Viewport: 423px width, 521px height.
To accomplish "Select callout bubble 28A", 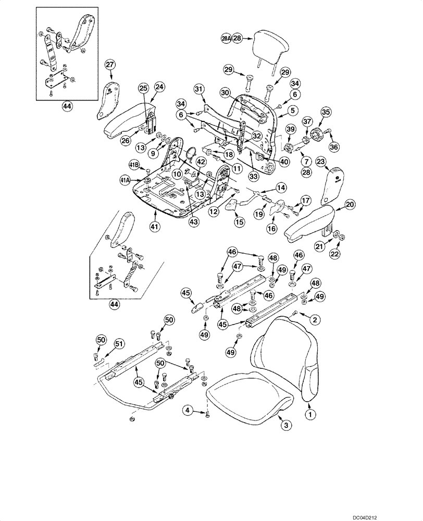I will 226,38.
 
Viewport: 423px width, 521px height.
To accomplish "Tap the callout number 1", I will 311,415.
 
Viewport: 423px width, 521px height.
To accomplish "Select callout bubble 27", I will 109,65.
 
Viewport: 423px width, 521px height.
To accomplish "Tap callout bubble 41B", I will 134,166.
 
